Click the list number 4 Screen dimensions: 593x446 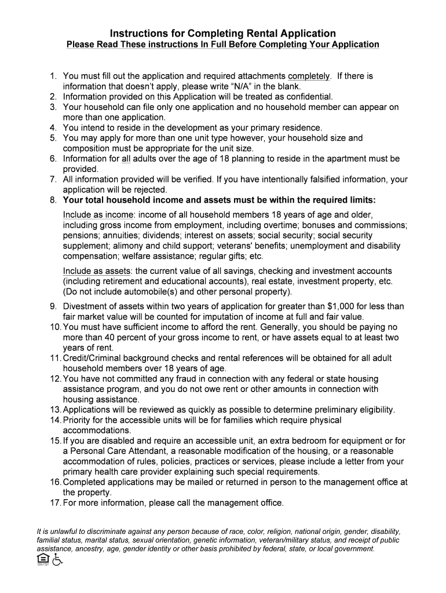[53, 127]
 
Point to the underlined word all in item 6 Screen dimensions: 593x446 [126, 159]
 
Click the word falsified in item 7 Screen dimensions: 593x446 [323, 180]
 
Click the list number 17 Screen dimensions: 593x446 [54, 503]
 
